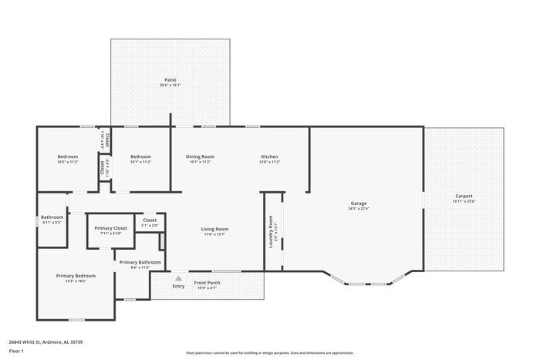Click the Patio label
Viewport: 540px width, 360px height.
[170, 79]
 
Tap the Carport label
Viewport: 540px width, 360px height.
[464, 196]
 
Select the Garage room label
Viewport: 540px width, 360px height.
[358, 203]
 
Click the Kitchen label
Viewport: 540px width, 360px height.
[269, 156]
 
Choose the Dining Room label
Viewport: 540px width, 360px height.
[200, 156]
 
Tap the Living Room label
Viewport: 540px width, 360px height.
[214, 228]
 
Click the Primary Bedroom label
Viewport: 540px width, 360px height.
[76, 276]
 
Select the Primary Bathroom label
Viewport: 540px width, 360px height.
[140, 262]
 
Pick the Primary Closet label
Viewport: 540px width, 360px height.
[110, 228]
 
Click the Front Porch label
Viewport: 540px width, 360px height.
[207, 283]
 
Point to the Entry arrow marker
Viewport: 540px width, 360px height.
[179, 278]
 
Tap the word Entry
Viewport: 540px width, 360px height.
[179, 287]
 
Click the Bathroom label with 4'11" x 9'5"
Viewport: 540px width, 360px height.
[52, 217]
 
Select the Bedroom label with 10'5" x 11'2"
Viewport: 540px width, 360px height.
[68, 156]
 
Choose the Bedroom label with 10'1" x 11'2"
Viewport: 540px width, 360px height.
[140, 156]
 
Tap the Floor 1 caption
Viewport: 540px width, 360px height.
[16, 352]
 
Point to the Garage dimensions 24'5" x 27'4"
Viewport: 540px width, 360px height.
[358, 209]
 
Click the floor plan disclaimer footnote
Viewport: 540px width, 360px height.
[269, 352]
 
